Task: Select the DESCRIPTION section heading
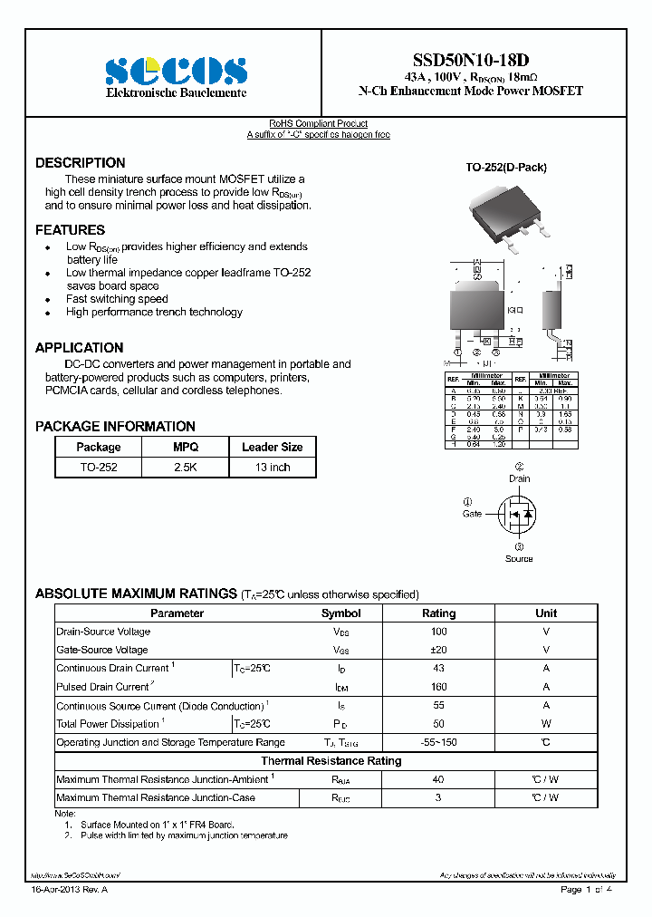tap(81, 163)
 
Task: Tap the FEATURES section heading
tap(70, 230)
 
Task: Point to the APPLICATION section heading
tap(79, 348)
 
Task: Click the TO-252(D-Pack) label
tap(506, 168)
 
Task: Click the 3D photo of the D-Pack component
tap(508, 217)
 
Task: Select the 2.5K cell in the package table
tap(186, 468)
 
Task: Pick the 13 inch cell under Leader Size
tap(273, 468)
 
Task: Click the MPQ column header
tap(186, 447)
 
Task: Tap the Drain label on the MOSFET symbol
tap(519, 478)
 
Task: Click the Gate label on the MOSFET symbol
tap(472, 514)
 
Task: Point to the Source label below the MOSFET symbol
tap(519, 558)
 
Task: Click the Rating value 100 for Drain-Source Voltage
tap(439, 632)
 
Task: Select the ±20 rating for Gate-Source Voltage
tap(439, 650)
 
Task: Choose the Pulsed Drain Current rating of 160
tap(439, 687)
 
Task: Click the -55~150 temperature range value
tap(439, 742)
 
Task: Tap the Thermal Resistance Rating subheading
tap(331, 761)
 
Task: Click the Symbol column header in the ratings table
tap(341, 613)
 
